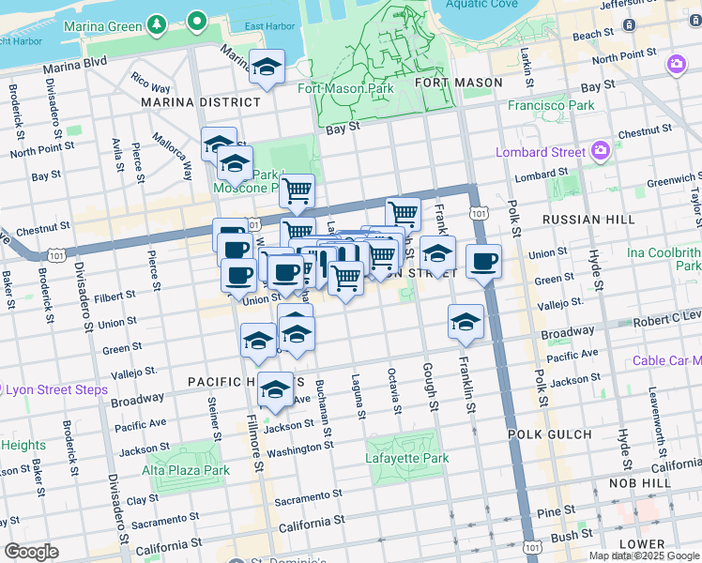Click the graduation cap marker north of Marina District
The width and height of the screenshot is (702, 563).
pyautogui.click(x=267, y=68)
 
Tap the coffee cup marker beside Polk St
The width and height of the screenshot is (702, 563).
pyautogui.click(x=483, y=262)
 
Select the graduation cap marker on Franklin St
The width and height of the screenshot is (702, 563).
pyautogui.click(x=466, y=323)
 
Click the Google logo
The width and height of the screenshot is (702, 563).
pyautogui.click(x=31, y=551)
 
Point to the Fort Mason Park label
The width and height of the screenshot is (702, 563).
pyautogui.click(x=345, y=88)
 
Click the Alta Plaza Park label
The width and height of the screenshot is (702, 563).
pyautogui.click(x=186, y=470)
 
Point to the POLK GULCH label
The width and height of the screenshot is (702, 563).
pyautogui.click(x=549, y=434)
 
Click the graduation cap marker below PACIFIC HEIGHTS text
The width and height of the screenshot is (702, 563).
pyautogui.click(x=275, y=389)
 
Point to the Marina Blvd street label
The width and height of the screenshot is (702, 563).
pyautogui.click(x=75, y=65)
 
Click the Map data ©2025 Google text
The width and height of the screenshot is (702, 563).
pyautogui.click(x=643, y=555)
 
